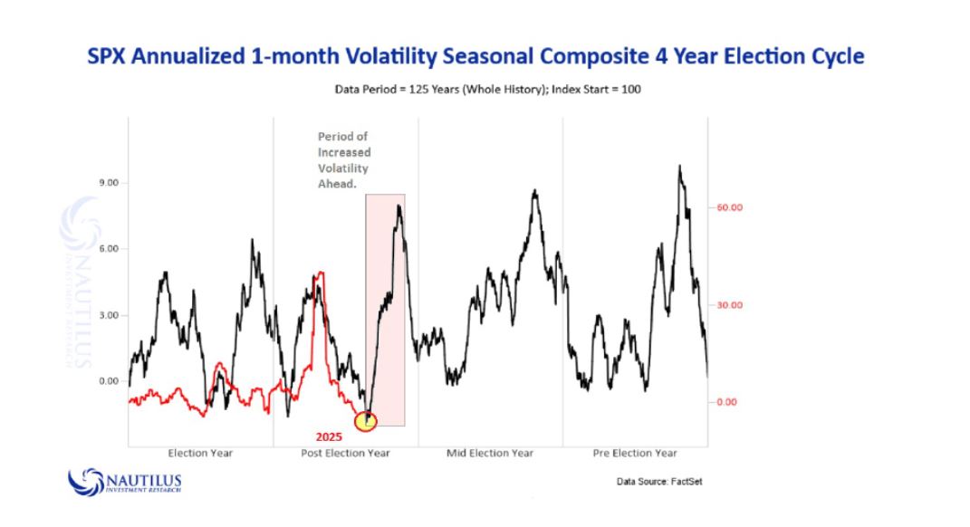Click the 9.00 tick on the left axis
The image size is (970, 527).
[110, 183]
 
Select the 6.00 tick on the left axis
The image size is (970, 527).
[110, 249]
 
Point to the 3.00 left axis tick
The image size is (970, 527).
[110, 315]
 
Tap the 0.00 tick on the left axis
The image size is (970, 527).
[110, 381]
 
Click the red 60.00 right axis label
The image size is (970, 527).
[730, 207]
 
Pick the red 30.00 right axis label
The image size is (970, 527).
[730, 305]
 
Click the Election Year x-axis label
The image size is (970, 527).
[200, 453]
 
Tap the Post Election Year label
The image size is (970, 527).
[345, 453]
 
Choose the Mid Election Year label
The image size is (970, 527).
[490, 453]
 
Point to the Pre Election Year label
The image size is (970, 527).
[635, 453]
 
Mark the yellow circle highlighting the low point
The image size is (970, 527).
[365, 421]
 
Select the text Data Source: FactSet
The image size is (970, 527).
[658, 482]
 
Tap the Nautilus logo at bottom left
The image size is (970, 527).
[125, 480]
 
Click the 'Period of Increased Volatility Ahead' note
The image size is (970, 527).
[343, 160]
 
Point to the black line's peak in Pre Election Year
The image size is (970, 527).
[679, 167]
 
